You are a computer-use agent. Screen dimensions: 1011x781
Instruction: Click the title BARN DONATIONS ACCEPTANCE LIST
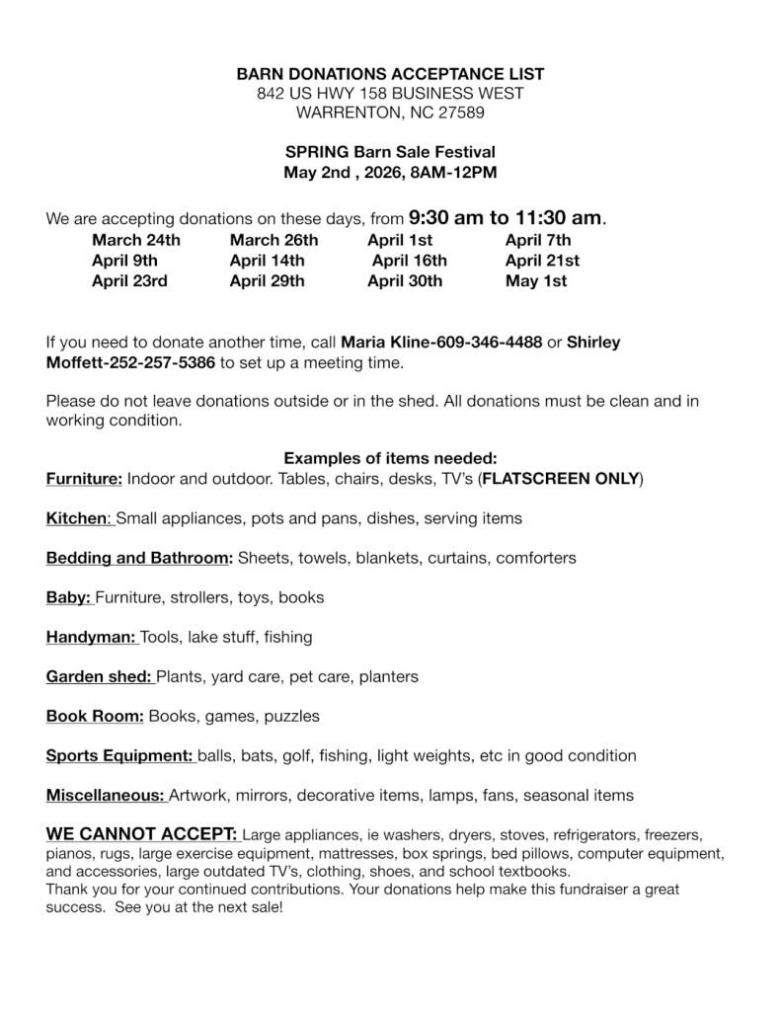pos(390,74)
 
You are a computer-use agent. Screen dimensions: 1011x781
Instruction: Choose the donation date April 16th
pos(409,261)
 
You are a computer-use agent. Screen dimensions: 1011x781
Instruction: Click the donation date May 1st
pos(536,281)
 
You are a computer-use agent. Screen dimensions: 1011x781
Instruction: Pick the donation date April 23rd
pos(129,281)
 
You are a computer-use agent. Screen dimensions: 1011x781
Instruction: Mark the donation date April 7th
pos(538,240)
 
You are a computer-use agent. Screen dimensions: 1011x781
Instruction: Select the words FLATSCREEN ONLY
pos(559,479)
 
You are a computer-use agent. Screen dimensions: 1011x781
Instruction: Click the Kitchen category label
pos(79,518)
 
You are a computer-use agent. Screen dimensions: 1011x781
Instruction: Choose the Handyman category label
pos(91,637)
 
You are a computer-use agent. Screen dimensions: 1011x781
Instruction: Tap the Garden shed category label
pos(99,676)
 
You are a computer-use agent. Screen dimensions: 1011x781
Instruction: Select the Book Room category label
pos(95,716)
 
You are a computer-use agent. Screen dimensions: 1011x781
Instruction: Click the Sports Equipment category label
pos(119,755)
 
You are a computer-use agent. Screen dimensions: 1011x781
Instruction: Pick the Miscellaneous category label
pos(106,795)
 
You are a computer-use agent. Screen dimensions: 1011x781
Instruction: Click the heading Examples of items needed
pos(390,458)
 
